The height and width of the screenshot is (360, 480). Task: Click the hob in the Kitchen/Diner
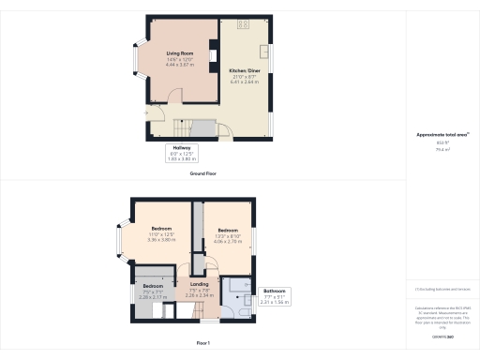[x=243, y=23]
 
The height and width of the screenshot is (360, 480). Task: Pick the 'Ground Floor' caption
[x=203, y=173]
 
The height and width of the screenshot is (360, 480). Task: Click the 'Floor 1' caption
[x=203, y=344]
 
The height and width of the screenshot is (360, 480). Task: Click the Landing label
[x=199, y=283]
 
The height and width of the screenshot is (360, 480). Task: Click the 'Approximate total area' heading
[x=442, y=135]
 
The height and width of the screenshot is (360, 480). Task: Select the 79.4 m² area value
[x=442, y=148]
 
